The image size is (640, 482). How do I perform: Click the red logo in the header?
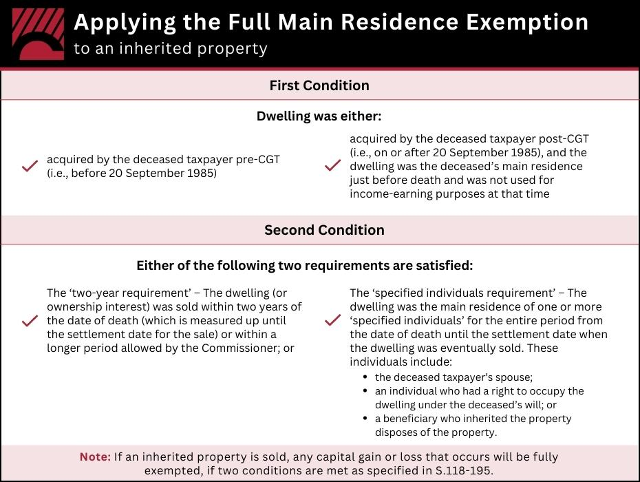click(39, 34)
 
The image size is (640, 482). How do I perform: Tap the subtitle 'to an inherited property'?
click(171, 49)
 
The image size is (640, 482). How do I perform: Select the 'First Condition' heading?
click(319, 85)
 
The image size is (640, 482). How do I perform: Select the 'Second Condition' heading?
click(324, 230)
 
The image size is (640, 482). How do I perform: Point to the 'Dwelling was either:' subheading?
click(319, 116)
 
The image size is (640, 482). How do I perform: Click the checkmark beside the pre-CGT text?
click(30, 166)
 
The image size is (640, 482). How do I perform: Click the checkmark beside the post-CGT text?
click(332, 166)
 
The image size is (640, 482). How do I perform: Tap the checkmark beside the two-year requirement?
click(30, 321)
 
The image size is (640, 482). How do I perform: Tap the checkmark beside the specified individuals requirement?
click(332, 321)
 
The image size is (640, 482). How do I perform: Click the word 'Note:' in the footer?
click(95, 457)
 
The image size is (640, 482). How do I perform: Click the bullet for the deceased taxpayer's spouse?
click(365, 377)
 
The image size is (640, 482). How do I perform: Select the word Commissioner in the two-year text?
click(237, 348)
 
